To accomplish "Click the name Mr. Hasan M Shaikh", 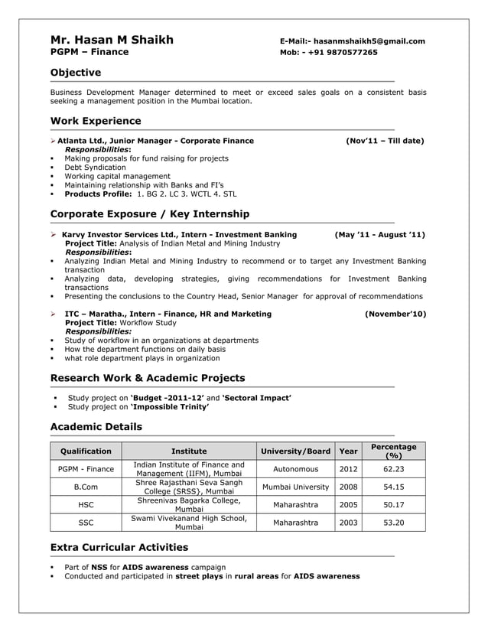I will [x=112, y=40].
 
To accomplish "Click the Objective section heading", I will [x=75, y=73].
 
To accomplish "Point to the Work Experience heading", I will [x=95, y=121].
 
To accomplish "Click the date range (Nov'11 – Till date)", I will [x=385, y=141].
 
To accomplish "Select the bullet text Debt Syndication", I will [x=95, y=168].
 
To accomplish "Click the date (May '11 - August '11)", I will [x=380, y=235].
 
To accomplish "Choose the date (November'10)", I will [x=395, y=314].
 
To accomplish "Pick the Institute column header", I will [x=188, y=451].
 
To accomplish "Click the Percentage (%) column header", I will [x=394, y=451].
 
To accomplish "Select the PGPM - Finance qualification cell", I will [x=86, y=469].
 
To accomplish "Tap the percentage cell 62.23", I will [x=394, y=469].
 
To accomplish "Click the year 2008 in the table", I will [x=348, y=487].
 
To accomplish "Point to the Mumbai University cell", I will [x=295, y=487].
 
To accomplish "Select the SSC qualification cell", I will [x=86, y=523].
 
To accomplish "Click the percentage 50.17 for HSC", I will [x=394, y=505].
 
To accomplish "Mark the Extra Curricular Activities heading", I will [x=119, y=547].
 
